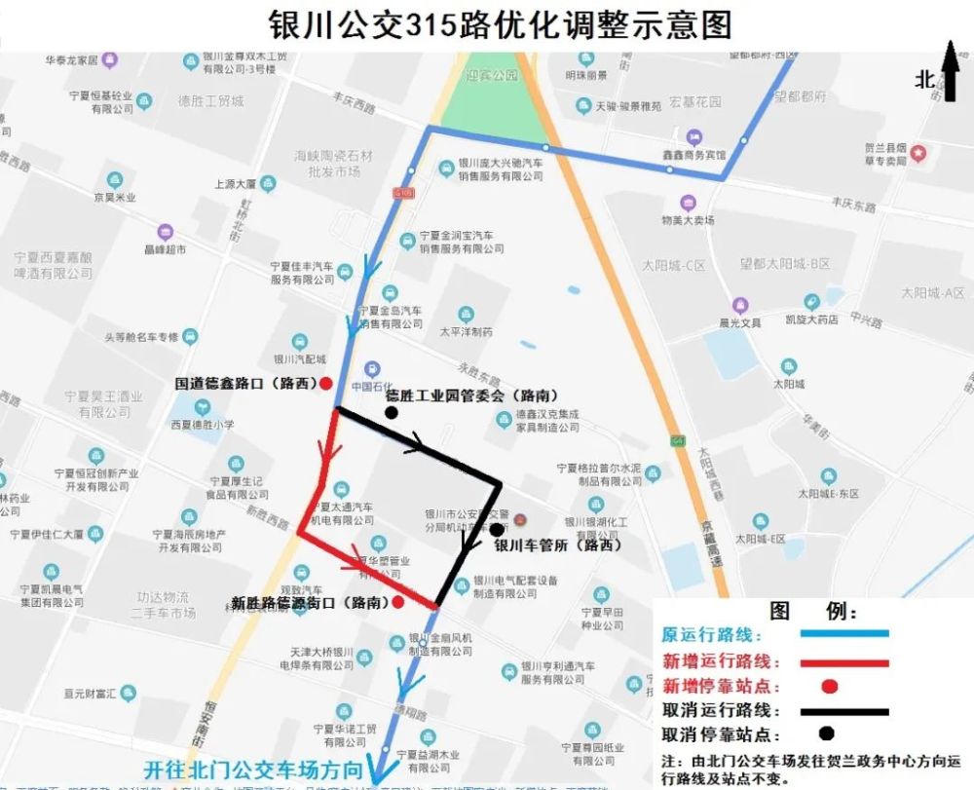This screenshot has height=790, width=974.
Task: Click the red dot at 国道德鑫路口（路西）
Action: click(326, 383)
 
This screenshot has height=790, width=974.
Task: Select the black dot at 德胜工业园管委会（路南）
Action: click(391, 412)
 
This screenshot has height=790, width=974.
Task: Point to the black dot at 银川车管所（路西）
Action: click(497, 530)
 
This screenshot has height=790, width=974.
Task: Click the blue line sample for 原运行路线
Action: click(843, 634)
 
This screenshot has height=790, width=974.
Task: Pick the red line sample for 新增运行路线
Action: click(843, 661)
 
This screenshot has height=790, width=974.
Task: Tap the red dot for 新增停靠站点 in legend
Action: click(829, 686)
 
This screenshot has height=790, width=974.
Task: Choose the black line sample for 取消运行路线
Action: click(843, 711)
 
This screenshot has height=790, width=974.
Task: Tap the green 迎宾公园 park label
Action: click(492, 74)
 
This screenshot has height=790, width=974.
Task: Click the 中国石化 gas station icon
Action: click(371, 369)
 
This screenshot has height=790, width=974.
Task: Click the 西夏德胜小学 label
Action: click(203, 425)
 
